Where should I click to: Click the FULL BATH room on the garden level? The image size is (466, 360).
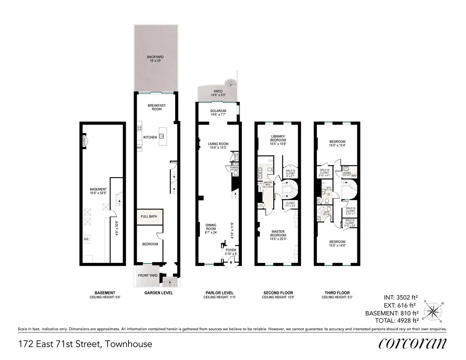click(150, 217)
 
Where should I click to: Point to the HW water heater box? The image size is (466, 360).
click(86, 239)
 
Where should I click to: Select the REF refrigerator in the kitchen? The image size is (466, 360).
click(139, 148)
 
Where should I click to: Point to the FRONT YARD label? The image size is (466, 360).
click(148, 275)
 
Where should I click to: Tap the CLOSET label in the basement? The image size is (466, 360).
click(84, 141)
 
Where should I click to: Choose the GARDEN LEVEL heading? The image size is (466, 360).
click(156, 293)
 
